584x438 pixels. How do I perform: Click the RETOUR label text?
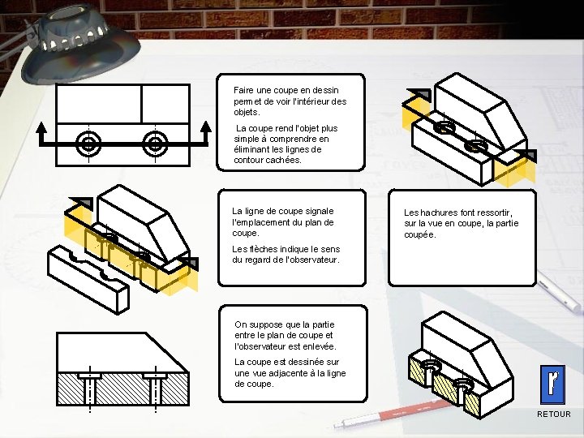(553, 414)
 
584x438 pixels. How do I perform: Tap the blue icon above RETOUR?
(552, 384)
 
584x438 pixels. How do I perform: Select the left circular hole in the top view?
(88, 144)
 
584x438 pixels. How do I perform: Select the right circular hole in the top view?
(155, 144)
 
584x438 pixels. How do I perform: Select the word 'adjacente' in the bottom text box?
(286, 373)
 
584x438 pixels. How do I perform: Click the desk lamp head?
(81, 45)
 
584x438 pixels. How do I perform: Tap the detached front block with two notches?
(88, 279)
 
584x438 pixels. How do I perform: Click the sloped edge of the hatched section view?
(167, 352)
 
